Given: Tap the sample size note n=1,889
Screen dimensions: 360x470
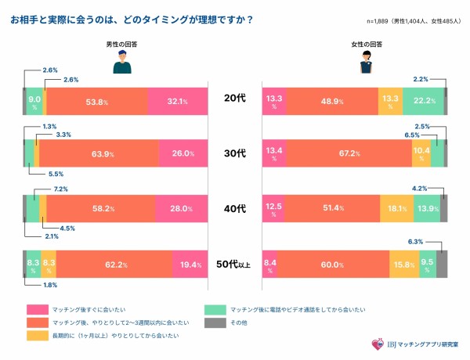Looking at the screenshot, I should (x=413, y=20).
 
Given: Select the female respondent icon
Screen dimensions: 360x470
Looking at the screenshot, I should (x=365, y=66).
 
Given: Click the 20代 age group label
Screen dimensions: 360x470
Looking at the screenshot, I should (x=235, y=101).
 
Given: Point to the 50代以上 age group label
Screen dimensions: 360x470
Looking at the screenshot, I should (x=235, y=265).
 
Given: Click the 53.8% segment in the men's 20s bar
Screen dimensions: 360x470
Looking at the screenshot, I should (x=96, y=101).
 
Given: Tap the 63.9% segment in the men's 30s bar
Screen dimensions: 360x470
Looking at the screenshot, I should (x=99, y=153).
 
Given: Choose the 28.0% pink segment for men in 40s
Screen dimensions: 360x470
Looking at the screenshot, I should (x=181, y=209).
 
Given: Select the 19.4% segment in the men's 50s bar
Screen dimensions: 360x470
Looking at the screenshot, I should (x=190, y=265).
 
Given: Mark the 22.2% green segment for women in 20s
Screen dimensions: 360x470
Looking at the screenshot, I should (x=423, y=101).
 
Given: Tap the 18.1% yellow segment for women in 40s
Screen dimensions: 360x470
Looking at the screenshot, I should (x=396, y=209).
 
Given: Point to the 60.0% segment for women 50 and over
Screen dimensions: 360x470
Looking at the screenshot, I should (x=333, y=265).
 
